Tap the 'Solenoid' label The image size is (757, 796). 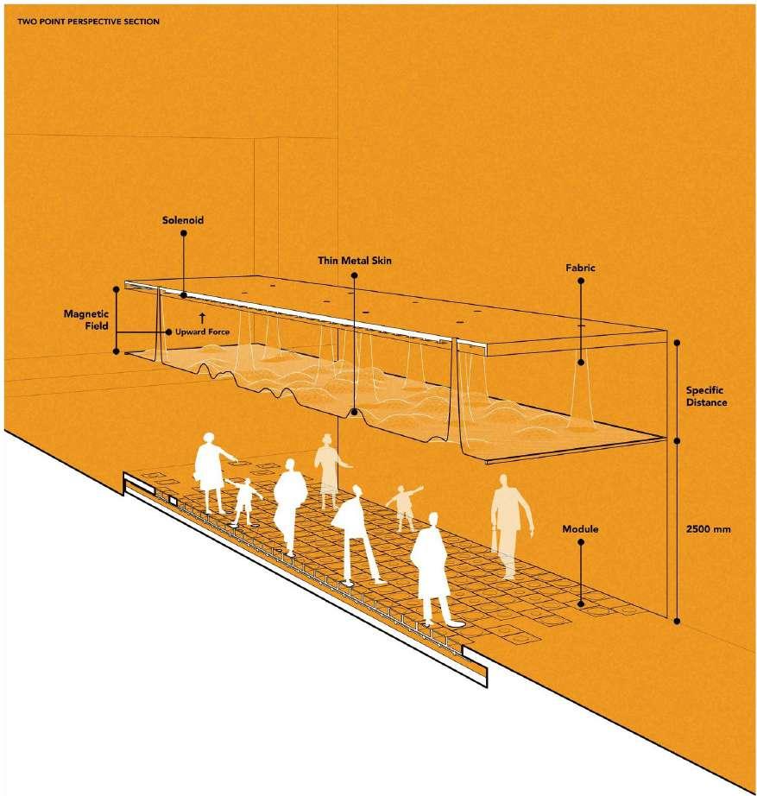pyautogui.click(x=182, y=220)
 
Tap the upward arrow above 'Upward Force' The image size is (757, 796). pyautogui.click(x=202, y=319)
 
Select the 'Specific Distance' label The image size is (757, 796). pyautogui.click(x=712, y=396)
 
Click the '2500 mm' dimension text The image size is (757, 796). pyautogui.click(x=711, y=529)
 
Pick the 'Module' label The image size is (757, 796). pyautogui.click(x=581, y=528)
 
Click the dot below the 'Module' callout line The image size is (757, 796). pyautogui.click(x=581, y=603)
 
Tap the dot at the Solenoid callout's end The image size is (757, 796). pyautogui.click(x=183, y=295)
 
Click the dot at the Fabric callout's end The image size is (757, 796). pyautogui.click(x=581, y=363)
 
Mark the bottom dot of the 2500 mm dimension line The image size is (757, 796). pyautogui.click(x=676, y=619)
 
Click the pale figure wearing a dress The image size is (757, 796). pyautogui.click(x=326, y=471)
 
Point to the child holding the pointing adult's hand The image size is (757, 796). pyautogui.click(x=246, y=501)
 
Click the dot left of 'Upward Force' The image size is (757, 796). pyautogui.click(x=167, y=332)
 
